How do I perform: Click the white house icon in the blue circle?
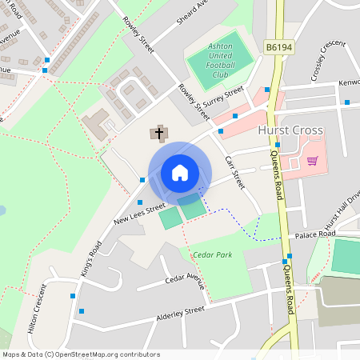[180, 173]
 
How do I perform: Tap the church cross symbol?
[158, 132]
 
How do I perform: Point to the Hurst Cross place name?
[290, 130]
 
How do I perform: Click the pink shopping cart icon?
[312, 160]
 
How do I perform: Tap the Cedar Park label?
[210, 255]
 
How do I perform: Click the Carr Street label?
[234, 171]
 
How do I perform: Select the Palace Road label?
[314, 234]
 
